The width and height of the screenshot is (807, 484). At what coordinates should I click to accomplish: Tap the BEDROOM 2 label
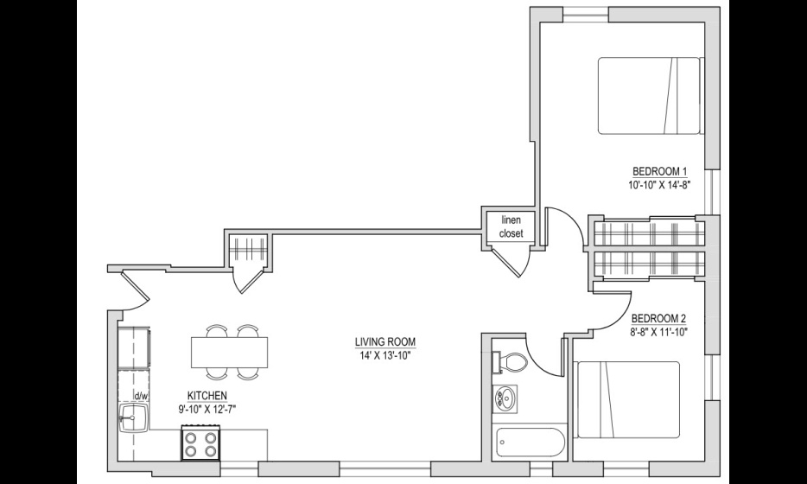click(x=659, y=318)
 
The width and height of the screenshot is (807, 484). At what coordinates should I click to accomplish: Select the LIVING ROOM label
click(x=385, y=342)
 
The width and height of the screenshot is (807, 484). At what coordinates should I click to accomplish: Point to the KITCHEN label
click(x=207, y=396)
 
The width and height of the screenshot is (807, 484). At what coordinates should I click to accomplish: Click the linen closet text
click(x=511, y=226)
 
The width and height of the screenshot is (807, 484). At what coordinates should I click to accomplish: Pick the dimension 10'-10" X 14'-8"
click(x=658, y=185)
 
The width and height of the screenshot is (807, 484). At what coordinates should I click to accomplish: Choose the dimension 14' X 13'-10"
click(x=385, y=355)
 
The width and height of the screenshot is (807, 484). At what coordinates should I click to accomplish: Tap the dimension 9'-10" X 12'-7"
click(x=207, y=410)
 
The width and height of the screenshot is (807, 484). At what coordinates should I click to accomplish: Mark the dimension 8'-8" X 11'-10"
click(x=659, y=332)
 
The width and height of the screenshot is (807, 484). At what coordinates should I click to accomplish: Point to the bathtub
click(x=529, y=443)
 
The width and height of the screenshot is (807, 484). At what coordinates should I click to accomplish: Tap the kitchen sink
click(x=134, y=417)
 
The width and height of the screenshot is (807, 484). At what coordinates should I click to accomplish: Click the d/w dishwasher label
click(x=141, y=396)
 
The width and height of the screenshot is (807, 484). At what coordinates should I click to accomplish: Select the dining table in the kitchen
click(x=230, y=352)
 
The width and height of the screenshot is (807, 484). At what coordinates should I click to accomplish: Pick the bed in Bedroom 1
click(x=650, y=96)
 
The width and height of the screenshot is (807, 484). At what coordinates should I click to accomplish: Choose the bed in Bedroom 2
click(x=628, y=399)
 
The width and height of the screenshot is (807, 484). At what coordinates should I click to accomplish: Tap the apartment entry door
click(x=135, y=292)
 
